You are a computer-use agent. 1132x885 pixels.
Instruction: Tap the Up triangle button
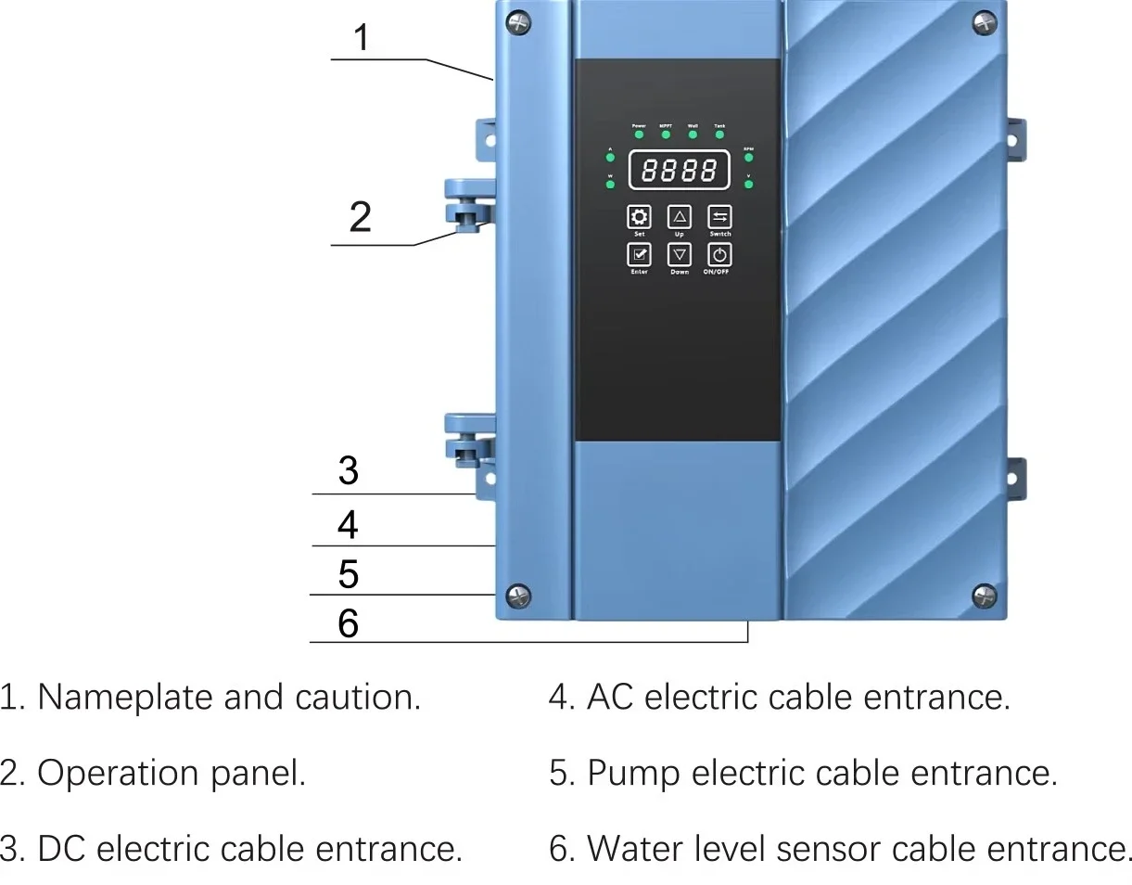tap(680, 217)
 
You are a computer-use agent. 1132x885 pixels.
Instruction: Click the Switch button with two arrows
tap(720, 217)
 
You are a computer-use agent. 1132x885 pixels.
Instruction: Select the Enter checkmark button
tap(639, 254)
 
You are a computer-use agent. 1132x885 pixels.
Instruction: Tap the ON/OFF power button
tap(720, 254)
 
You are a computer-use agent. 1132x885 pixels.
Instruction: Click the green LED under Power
tap(639, 135)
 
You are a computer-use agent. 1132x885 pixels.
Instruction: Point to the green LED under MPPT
tap(666, 135)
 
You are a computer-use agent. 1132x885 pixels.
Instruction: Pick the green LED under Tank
tap(719, 135)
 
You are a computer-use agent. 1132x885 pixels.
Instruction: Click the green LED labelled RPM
tap(748, 158)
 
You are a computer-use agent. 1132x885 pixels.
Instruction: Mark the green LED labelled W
tap(610, 185)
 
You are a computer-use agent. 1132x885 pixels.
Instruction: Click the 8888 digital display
tap(680, 170)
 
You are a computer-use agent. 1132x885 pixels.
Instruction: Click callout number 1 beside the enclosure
tap(362, 38)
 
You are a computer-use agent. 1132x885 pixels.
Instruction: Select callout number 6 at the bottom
tap(348, 623)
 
